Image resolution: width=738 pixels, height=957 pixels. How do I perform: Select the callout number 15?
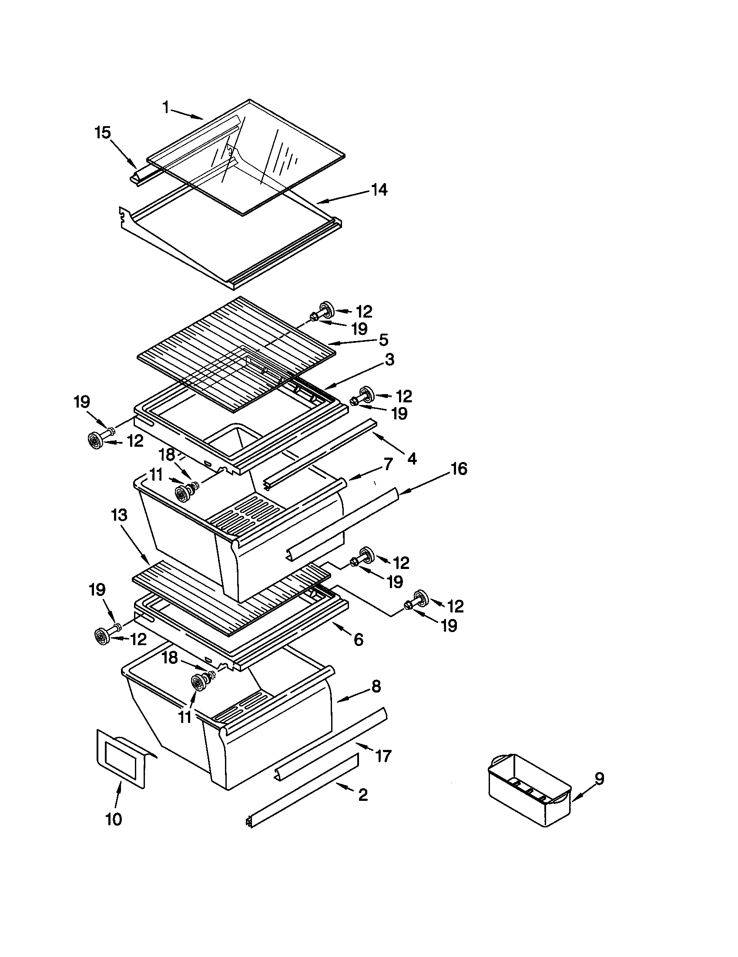tap(103, 132)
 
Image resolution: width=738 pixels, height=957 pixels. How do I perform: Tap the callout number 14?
tap(379, 190)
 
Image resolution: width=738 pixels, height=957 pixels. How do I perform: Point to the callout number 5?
tap(383, 340)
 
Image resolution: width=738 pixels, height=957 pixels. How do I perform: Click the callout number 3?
tap(389, 360)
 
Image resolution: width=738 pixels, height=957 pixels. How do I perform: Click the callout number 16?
tap(459, 469)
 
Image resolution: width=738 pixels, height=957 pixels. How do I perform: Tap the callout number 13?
tap(119, 515)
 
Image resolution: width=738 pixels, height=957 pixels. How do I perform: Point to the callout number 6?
tap(358, 640)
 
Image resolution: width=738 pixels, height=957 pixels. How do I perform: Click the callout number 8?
tap(376, 686)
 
